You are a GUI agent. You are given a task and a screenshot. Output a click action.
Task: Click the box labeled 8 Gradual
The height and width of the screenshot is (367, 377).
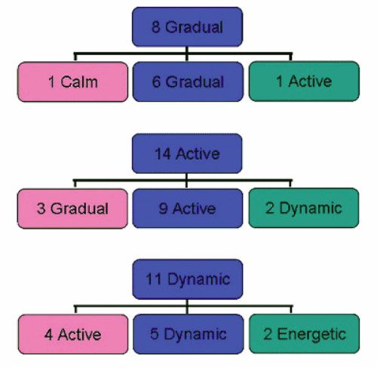pos(187,26)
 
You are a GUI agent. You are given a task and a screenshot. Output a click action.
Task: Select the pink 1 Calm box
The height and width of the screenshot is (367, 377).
pos(72,82)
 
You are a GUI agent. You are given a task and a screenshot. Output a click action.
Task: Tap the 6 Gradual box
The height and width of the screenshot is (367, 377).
pos(188,82)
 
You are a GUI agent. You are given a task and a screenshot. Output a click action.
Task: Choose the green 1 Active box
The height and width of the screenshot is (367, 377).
pos(304,82)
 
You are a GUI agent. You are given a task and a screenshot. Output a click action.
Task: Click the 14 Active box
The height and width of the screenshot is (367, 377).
pos(187,153)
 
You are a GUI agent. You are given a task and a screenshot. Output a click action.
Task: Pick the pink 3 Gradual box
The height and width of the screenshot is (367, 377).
pos(72,208)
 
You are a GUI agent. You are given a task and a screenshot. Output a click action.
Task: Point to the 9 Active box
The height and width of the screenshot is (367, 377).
pos(188,208)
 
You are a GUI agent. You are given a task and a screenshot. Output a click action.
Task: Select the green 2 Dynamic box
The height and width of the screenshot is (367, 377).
pos(304,208)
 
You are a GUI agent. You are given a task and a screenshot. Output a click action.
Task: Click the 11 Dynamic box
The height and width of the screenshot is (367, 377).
pos(188,279)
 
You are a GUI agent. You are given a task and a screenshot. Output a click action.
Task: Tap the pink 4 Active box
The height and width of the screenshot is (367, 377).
pos(73,335)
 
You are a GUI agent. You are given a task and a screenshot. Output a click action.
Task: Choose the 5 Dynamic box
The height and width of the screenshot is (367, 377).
pos(188,334)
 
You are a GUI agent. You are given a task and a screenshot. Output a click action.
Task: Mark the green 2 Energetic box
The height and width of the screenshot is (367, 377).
pos(305,334)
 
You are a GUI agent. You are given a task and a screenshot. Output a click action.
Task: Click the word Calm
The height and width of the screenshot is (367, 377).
pos(79,82)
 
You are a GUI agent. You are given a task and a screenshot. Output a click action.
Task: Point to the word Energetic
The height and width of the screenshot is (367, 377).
pos(311,335)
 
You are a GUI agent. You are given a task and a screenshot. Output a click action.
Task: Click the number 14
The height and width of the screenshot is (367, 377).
pos(163,154)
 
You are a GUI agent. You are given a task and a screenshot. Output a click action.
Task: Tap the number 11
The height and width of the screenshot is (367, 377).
pos(154,279)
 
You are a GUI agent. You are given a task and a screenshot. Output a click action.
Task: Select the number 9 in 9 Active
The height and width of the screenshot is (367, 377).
pos(163,208)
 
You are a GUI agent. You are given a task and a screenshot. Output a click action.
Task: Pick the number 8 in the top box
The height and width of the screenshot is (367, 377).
pos(156,27)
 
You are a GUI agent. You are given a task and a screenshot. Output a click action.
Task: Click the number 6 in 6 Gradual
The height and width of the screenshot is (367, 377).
pos(157,82)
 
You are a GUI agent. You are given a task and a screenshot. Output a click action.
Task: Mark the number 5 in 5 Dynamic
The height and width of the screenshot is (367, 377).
pos(155,334)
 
